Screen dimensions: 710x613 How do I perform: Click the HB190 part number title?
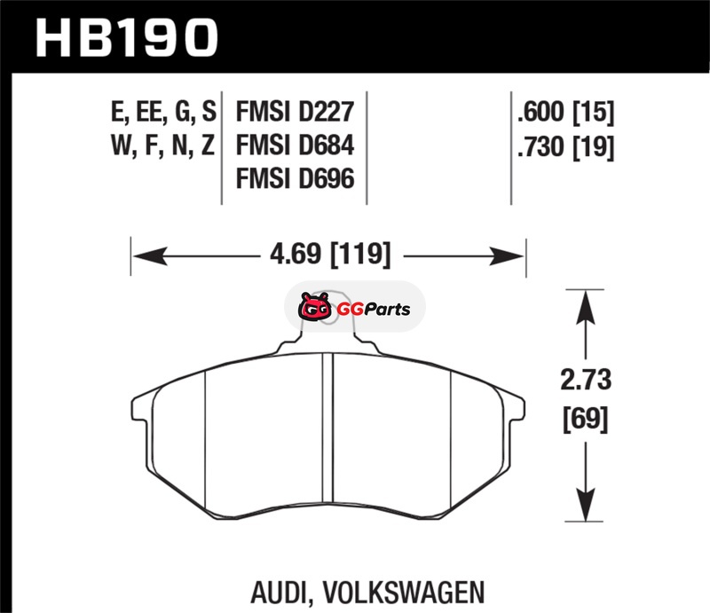[x=127, y=38]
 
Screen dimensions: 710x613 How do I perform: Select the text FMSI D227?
[x=295, y=112]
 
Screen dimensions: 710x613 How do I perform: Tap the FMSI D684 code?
[x=295, y=145]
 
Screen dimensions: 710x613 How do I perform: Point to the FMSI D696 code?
[x=295, y=179]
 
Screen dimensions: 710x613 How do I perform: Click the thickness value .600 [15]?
[x=566, y=112]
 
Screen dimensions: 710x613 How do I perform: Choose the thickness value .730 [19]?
[x=566, y=147]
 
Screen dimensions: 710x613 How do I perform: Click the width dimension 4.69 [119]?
[x=329, y=254]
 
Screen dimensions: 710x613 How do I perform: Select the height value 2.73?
[x=586, y=380]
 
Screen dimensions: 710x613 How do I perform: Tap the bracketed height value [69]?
[x=586, y=419]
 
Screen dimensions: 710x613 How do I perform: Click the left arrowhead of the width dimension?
[x=150, y=256]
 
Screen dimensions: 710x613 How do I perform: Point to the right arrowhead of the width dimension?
[x=506, y=256]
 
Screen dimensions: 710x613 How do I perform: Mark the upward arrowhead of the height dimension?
[x=586, y=308]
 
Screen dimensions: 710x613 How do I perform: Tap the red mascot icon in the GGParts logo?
[x=314, y=308]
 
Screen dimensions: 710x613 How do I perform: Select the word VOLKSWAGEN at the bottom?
[x=404, y=592]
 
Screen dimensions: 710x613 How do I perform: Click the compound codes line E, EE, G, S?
[x=163, y=112]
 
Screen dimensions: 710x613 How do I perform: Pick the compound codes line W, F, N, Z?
[x=162, y=145]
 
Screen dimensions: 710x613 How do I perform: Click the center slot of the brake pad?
[x=327, y=429]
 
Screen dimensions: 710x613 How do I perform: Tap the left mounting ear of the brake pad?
[x=142, y=409]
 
